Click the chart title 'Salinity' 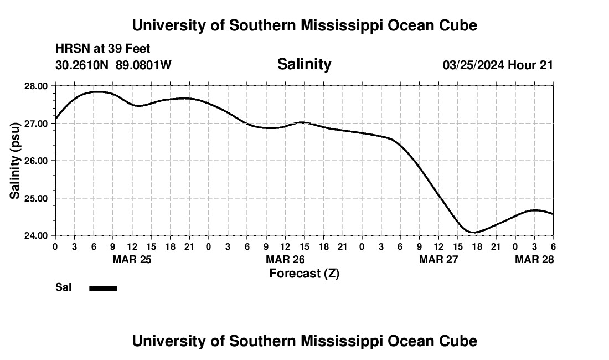pyautogui.click(x=304, y=64)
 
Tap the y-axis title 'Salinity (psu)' pyautogui.click(x=15, y=161)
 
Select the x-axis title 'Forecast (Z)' pyautogui.click(x=304, y=273)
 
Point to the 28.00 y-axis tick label pyautogui.click(x=37, y=86)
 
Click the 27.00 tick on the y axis pyautogui.click(x=37, y=124)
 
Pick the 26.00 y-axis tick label pyautogui.click(x=37, y=161)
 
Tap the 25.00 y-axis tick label pyautogui.click(x=37, y=198)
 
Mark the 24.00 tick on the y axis pyautogui.click(x=37, y=235)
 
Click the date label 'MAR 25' pyautogui.click(x=132, y=259)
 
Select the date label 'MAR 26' pyautogui.click(x=285, y=259)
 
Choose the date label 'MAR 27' pyautogui.click(x=438, y=259)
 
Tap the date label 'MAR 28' pyautogui.click(x=534, y=259)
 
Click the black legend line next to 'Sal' pyautogui.click(x=103, y=288)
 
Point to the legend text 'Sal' pyautogui.click(x=63, y=287)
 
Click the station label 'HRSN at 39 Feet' pyautogui.click(x=102, y=49)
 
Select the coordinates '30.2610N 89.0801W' pyautogui.click(x=113, y=65)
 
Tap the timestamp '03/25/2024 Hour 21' pyautogui.click(x=498, y=65)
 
